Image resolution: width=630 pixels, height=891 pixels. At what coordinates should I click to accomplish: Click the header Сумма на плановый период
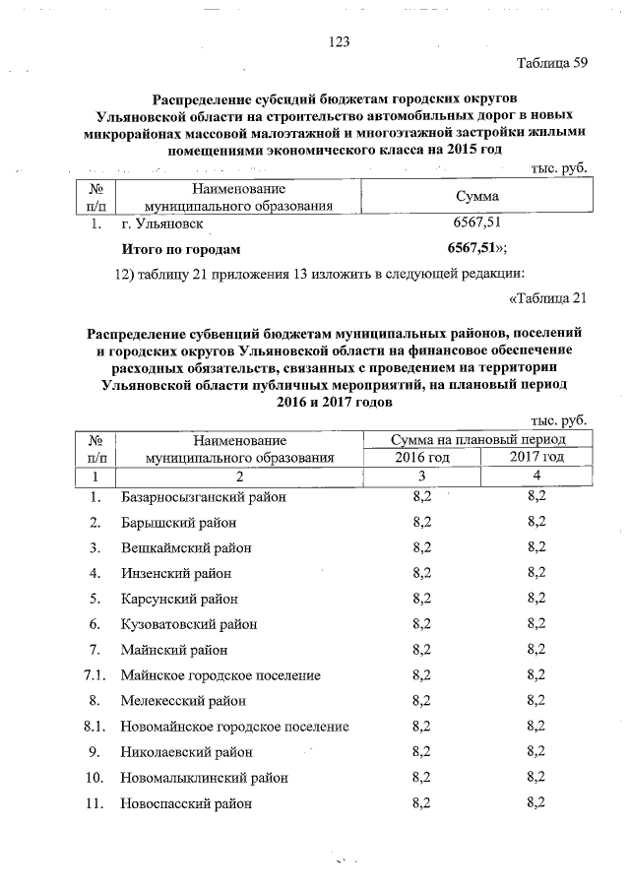(x=478, y=439)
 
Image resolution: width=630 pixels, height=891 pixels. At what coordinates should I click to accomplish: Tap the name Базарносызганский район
(x=203, y=497)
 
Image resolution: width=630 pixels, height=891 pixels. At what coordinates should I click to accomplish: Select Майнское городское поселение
(x=221, y=675)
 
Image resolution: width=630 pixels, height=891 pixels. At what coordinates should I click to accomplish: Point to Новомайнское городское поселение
(x=235, y=727)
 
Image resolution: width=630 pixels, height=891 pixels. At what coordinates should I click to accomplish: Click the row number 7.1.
(x=94, y=675)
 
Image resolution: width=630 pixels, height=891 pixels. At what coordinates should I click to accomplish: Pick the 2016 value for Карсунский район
(x=421, y=599)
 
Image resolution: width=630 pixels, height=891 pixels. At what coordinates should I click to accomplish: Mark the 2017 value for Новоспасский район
(x=536, y=803)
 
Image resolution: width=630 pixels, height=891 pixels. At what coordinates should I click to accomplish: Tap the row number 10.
(x=94, y=778)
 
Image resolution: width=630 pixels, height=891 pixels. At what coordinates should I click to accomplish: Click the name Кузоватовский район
(x=190, y=624)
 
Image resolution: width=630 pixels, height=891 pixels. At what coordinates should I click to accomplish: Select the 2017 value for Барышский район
(x=536, y=522)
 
